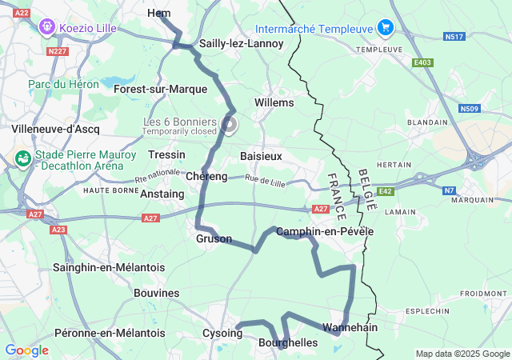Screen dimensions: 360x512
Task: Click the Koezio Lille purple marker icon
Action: (x=47, y=28)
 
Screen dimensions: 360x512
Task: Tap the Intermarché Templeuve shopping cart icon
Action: (x=386, y=28)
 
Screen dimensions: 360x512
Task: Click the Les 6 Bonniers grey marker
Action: (x=230, y=123)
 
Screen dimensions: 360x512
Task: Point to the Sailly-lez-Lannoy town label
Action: (x=242, y=43)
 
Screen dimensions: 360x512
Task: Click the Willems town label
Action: (x=274, y=102)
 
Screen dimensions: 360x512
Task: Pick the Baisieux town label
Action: (x=261, y=156)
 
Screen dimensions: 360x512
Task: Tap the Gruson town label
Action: (x=214, y=238)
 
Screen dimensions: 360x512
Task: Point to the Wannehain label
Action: (x=350, y=327)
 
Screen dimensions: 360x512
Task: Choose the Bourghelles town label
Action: (x=288, y=342)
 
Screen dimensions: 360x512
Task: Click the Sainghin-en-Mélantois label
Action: (x=109, y=267)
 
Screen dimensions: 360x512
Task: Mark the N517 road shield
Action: (x=454, y=36)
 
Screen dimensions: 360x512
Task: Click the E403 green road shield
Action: (x=422, y=62)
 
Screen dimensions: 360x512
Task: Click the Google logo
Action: (x=26, y=350)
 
